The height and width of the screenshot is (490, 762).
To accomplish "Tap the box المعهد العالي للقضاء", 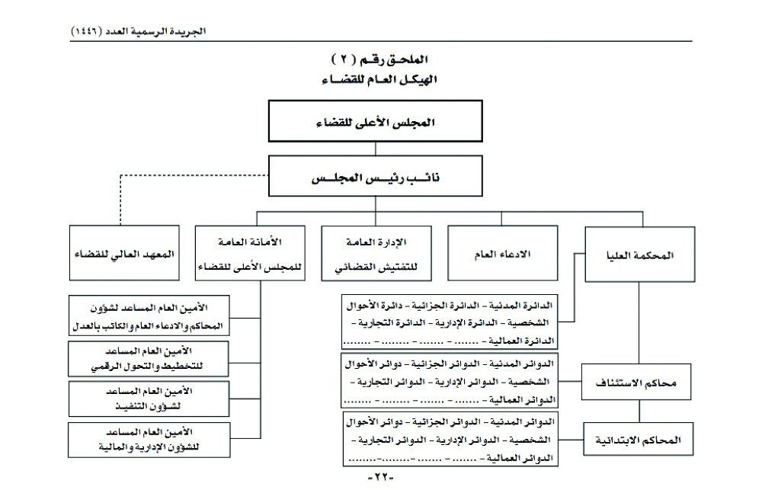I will coord(121,253).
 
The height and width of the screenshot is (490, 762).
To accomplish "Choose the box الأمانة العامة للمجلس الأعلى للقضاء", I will coord(250,253).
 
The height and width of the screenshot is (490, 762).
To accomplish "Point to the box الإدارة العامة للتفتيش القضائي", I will coord(379,253).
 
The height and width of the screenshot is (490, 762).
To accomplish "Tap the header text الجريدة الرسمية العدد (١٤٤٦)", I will coord(138,31).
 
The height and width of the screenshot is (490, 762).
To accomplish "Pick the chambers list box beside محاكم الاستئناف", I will coord(450,379).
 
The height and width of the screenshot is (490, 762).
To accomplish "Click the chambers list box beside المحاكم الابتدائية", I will coord(450,439).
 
